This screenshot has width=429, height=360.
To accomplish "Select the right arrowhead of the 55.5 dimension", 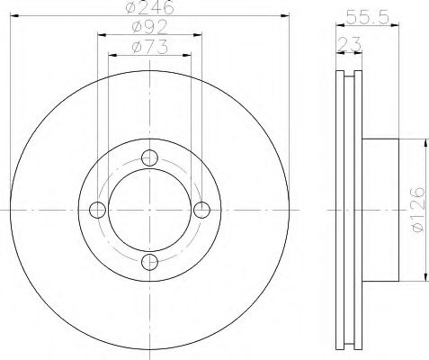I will click(x=396, y=22).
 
